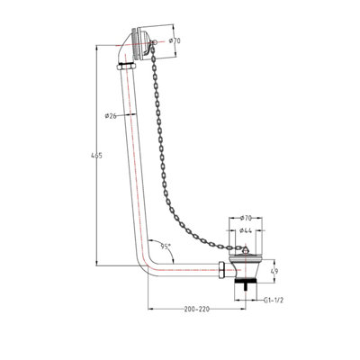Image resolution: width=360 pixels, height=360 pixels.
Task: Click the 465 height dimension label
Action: (x=96, y=156)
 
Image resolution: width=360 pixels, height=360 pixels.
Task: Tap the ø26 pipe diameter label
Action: (x=111, y=116)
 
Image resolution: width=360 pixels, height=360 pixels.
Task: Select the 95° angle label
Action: (x=166, y=247)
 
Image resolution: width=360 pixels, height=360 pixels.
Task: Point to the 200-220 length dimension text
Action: (x=197, y=310)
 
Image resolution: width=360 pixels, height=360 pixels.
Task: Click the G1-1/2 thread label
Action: (x=274, y=301)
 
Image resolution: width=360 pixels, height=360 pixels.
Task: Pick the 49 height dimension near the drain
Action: (x=274, y=271)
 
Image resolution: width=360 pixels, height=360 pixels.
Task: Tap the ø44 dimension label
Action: (x=246, y=230)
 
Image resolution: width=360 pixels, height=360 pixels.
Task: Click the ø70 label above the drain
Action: (x=246, y=218)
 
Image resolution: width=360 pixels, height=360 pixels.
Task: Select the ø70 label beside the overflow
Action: (x=175, y=40)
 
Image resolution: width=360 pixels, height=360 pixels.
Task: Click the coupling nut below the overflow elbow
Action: (x=126, y=66)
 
